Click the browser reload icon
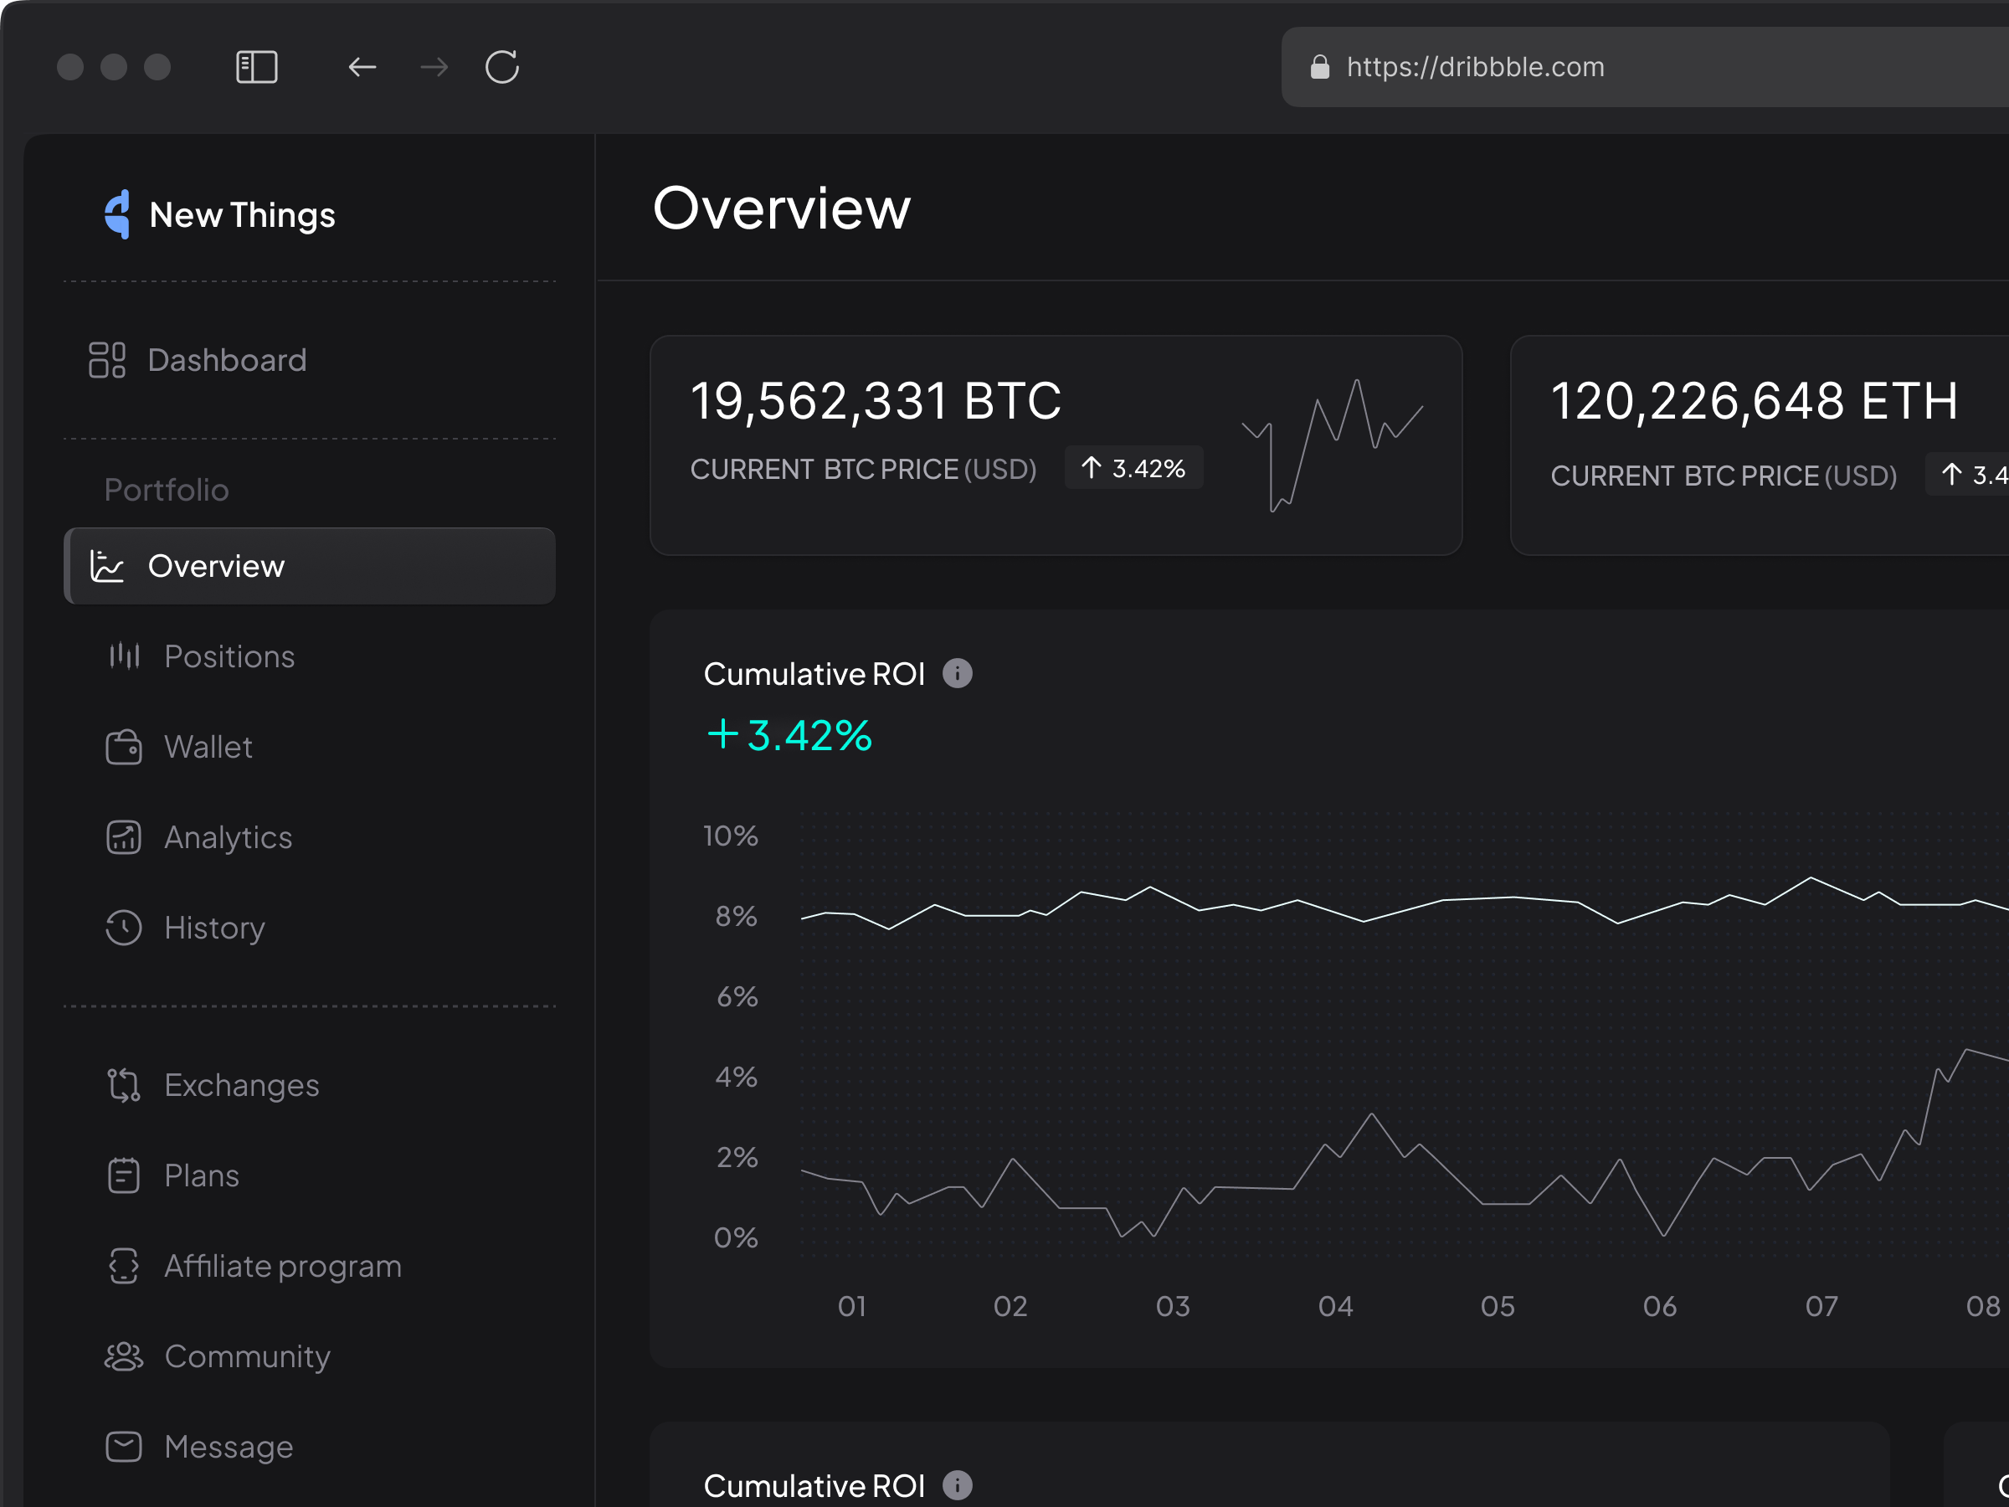501,67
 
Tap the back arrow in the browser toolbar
362,67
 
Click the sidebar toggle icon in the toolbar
257,67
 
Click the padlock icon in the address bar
1319,67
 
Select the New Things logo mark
118,214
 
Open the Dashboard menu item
226,361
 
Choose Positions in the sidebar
229,656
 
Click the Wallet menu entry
208,747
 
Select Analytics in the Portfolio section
228,837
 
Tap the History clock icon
124,928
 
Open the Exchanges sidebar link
241,1086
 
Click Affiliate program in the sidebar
281,1266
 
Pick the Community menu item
246,1356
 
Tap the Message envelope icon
124,1446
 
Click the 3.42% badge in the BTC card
1133,469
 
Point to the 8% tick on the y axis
736,917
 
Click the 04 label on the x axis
1335,1306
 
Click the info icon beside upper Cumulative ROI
958,674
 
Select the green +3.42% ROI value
789,735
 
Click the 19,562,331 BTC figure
875,402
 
